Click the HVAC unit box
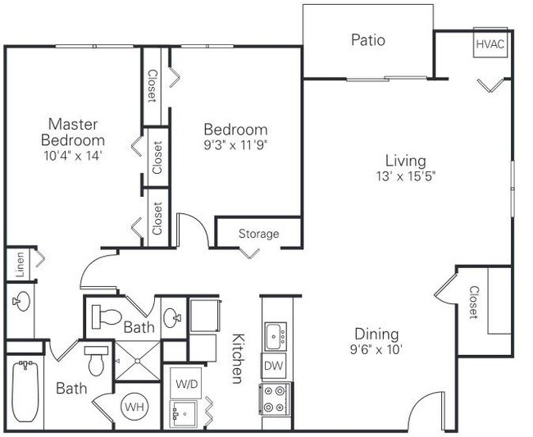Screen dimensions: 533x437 [490, 43]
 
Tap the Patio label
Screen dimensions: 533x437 [368, 40]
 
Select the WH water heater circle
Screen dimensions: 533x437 [134, 407]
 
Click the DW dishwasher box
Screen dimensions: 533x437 [274, 366]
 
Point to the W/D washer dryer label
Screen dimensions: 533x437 [187, 384]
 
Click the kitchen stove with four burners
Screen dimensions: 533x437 [275, 399]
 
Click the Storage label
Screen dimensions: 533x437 [258, 234]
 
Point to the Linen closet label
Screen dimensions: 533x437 [20, 264]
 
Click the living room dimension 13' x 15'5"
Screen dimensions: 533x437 [406, 176]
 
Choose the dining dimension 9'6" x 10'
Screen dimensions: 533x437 [376, 349]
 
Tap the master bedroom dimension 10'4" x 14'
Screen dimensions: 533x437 [73, 156]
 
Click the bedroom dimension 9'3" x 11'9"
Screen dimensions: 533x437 [235, 145]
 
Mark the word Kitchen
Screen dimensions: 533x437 [238, 358]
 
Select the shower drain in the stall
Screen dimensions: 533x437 [137, 361]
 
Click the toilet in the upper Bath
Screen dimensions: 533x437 [107, 316]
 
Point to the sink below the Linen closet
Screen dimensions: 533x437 [21, 301]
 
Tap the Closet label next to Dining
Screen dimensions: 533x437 [474, 302]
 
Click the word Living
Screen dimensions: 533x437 [406, 161]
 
